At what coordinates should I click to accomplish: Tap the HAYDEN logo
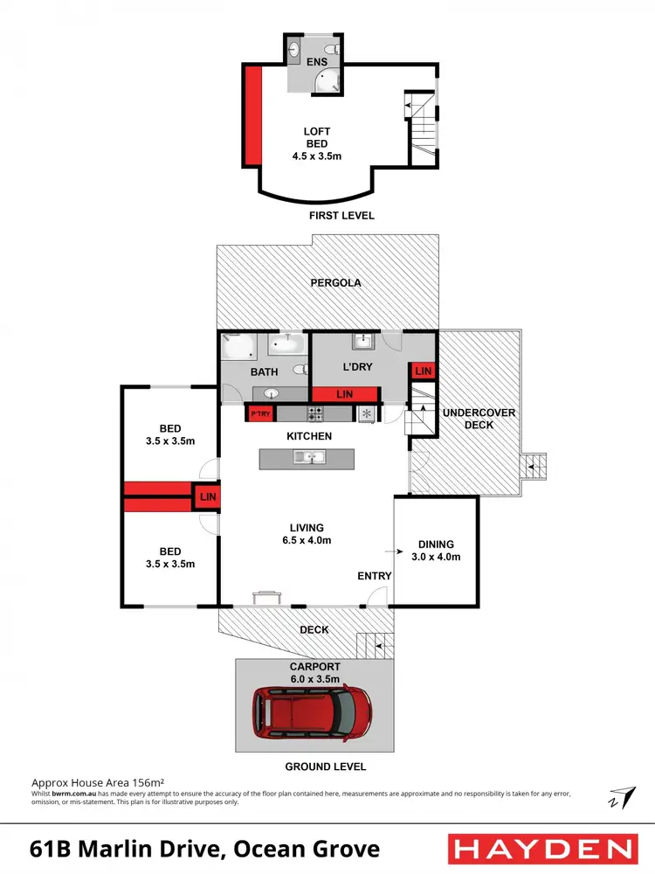tap(541, 848)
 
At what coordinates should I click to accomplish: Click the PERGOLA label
tap(327, 283)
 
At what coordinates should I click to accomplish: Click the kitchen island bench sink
tap(307, 456)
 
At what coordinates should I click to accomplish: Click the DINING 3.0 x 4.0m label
tap(435, 550)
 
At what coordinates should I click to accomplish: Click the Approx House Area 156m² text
tap(99, 783)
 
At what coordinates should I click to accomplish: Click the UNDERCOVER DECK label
tap(480, 419)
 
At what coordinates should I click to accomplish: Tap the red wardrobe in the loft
tap(252, 115)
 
